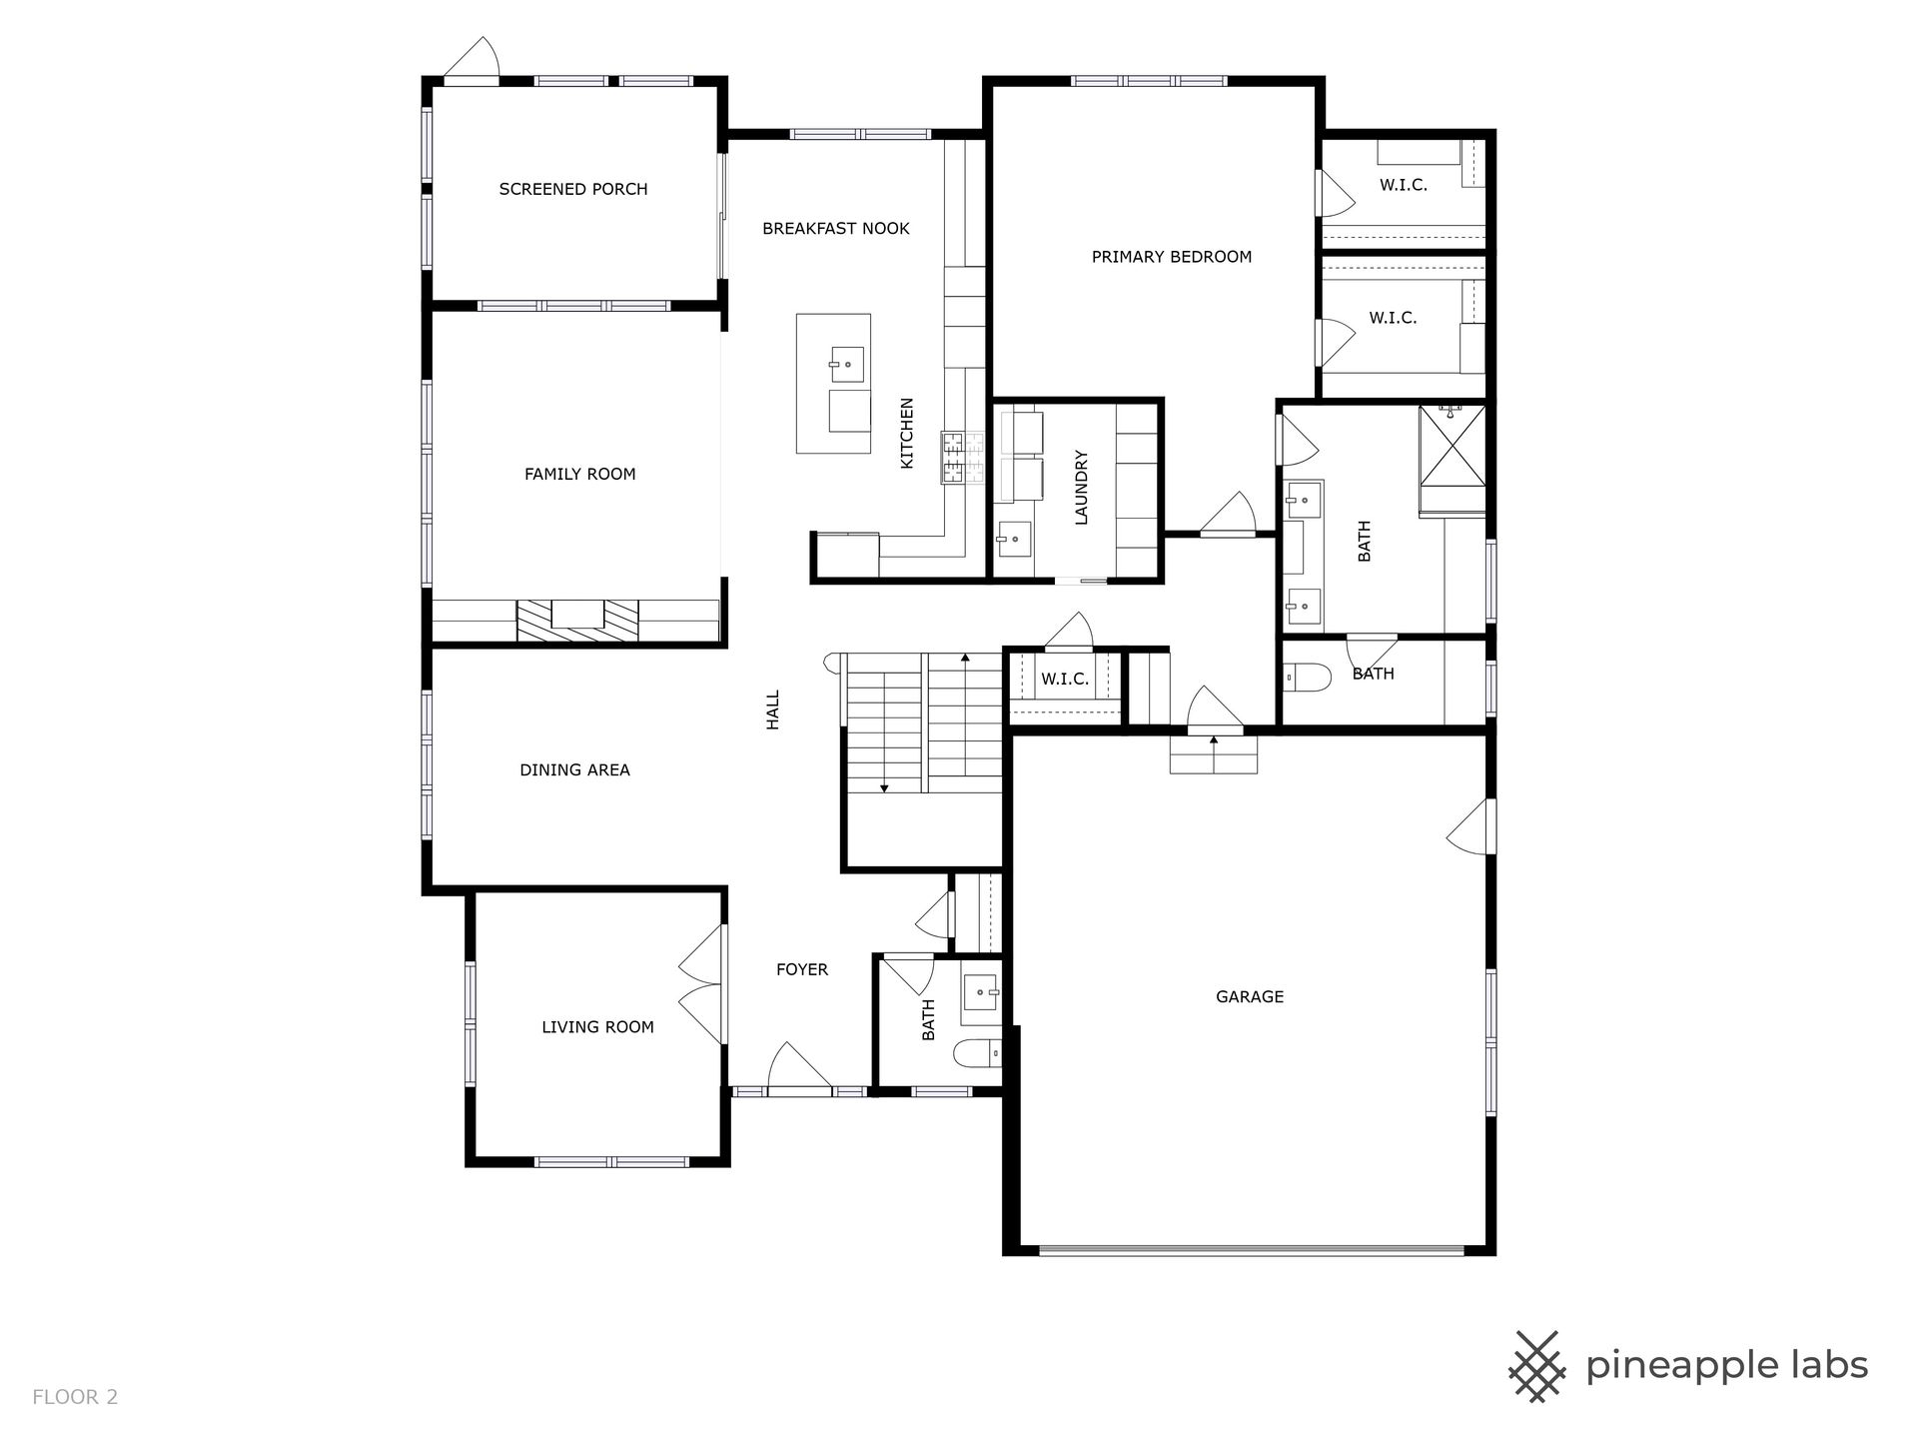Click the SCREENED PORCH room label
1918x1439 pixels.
pos(573,189)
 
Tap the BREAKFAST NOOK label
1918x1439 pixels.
pos(836,229)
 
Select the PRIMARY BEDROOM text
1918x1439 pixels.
pos(1172,257)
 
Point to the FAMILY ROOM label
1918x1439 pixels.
pos(580,474)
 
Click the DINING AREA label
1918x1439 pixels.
pos(575,769)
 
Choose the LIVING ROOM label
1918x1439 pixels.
pos(598,1027)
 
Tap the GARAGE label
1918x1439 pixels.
pos(1250,996)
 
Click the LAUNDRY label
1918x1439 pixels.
pos(1081,488)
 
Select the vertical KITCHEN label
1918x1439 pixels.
pos(907,434)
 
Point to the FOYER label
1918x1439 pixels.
pos(802,969)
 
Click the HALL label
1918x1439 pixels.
pos(772,711)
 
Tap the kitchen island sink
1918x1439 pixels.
pos(847,365)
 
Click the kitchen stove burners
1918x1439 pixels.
pos(962,458)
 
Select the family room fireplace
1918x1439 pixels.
pos(577,620)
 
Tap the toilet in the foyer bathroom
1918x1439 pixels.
pos(978,1053)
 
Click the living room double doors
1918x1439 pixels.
pos(703,984)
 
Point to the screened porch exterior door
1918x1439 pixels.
pos(471,58)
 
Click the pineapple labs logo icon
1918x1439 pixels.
pos(1536,1366)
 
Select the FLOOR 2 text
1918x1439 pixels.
pos(75,1397)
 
